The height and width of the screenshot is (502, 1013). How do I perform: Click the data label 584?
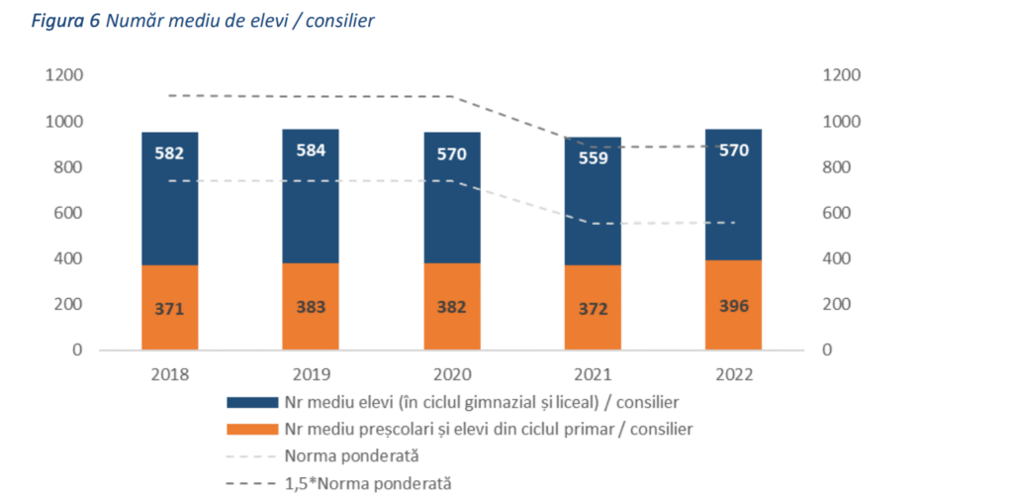pos(311,151)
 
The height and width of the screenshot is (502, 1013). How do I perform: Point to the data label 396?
pos(733,306)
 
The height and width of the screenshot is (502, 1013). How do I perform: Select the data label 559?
pos(593,156)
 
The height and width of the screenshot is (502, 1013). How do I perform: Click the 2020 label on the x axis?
pos(452,375)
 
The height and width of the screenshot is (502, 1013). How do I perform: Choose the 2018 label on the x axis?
pos(170,375)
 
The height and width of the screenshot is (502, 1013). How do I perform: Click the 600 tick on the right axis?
pos(842,213)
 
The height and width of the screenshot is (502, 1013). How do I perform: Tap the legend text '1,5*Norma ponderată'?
pos(367,483)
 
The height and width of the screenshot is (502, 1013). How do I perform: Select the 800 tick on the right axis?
pos(842,167)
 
